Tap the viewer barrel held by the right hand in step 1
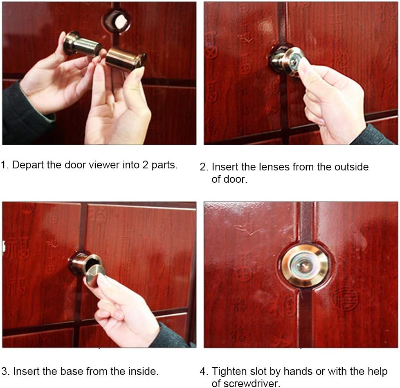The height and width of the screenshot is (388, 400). click(125, 60)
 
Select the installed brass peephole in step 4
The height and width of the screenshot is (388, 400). click(304, 265)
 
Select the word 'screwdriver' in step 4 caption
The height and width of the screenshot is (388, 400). click(246, 383)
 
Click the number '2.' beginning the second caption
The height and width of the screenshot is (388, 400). click(204, 167)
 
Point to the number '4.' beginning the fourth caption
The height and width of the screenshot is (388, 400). click(204, 372)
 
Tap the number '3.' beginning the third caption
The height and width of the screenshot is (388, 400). click(6, 372)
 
